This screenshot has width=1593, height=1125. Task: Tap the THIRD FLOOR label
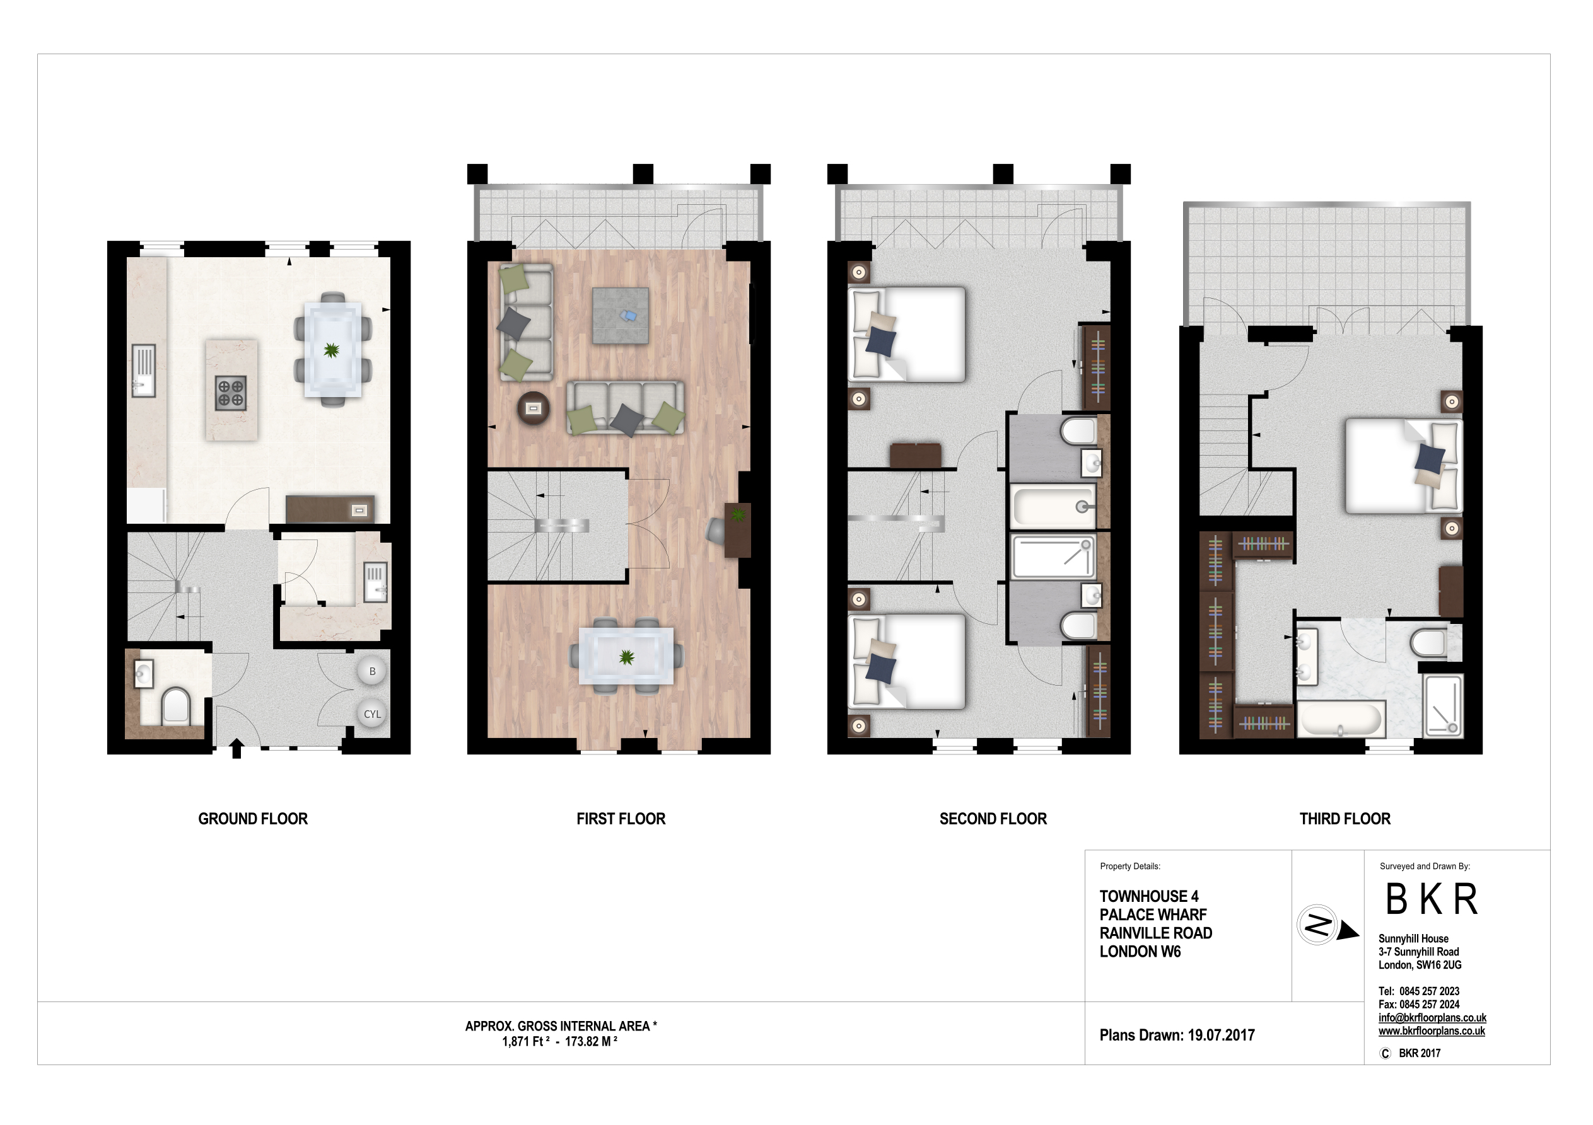click(1344, 819)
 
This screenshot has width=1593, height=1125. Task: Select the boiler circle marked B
click(372, 671)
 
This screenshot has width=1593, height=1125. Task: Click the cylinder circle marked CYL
click(372, 713)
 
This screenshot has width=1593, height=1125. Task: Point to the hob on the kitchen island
click(230, 393)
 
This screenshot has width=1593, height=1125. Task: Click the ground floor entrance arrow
click(236, 748)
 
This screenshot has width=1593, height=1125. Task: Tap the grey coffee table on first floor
click(621, 316)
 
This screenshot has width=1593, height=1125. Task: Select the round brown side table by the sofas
click(533, 408)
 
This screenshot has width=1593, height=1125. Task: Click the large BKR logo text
click(1431, 899)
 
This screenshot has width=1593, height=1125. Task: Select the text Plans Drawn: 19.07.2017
click(1177, 1035)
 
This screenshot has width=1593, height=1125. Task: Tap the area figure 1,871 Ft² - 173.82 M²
click(559, 1042)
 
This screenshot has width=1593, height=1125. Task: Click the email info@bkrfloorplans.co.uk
click(1432, 1017)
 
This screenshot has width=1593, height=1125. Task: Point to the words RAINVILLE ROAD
click(1155, 933)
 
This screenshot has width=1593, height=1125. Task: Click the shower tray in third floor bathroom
click(1442, 705)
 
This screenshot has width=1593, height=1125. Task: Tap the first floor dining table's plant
click(626, 657)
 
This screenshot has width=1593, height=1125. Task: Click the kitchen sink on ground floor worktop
click(144, 371)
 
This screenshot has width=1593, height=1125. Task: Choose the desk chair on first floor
click(715, 531)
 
